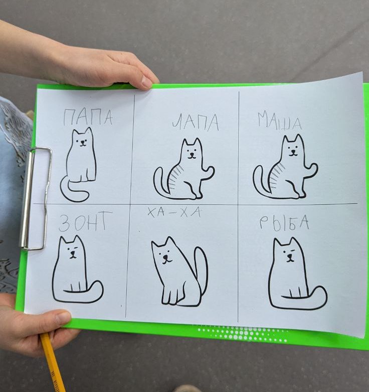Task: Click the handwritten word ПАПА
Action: tap(88, 117)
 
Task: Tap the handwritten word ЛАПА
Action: tap(196, 123)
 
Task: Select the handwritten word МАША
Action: tap(279, 121)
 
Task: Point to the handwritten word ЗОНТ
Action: tap(86, 221)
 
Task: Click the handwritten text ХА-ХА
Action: tap(174, 212)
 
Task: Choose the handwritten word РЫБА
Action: tap(284, 222)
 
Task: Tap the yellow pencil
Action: tap(52, 363)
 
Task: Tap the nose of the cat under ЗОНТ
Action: tap(72, 252)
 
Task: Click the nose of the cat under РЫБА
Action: tap(289, 256)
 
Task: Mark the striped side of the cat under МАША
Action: tap(277, 175)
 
